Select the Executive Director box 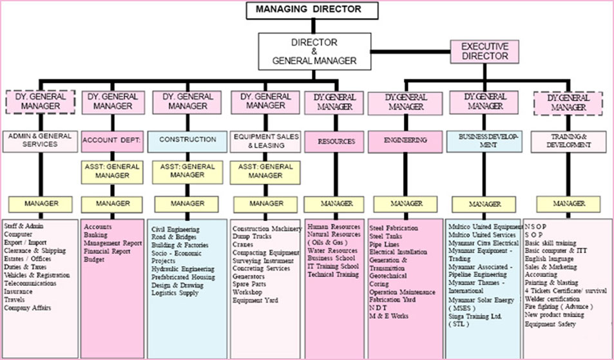484,51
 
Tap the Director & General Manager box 314,52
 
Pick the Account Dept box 112,140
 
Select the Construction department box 187,140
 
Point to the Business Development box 484,141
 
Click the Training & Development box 570,141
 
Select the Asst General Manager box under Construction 187,171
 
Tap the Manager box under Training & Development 570,204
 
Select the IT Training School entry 333,266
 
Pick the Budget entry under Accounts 94,260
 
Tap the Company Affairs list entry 27,308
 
